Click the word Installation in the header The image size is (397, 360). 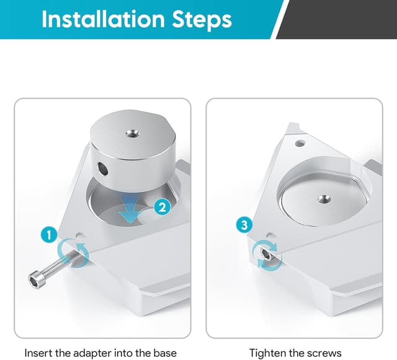click(103, 19)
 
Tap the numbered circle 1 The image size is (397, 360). click(49, 234)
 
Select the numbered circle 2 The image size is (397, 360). click(162, 207)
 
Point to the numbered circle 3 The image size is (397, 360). click(244, 224)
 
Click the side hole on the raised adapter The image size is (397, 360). click(102, 169)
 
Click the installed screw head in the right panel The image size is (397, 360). click(266, 254)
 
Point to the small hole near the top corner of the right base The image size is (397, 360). click(300, 144)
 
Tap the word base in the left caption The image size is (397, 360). click(165, 353)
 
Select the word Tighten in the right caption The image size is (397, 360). click(267, 353)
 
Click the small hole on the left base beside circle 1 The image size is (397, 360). click(81, 235)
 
